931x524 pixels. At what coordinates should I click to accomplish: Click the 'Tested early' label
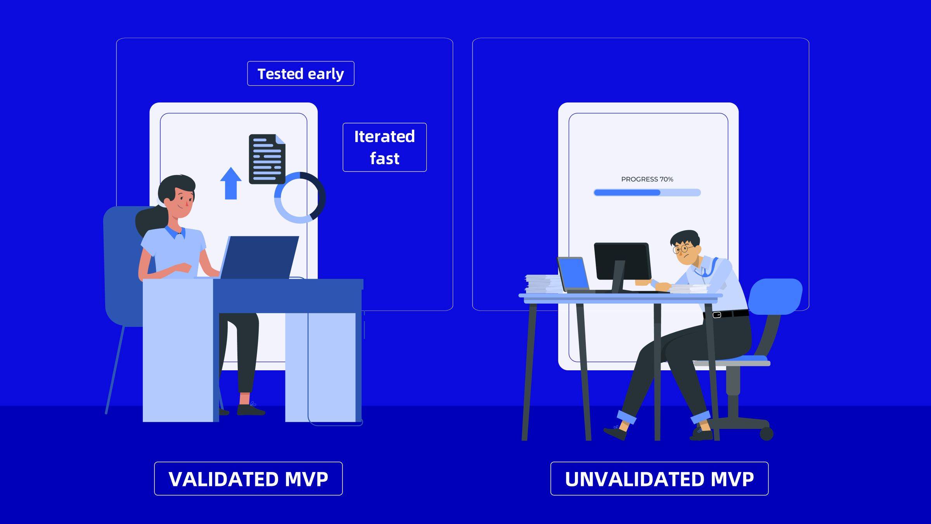[x=301, y=74]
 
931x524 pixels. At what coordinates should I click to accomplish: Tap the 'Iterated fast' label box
[x=384, y=147]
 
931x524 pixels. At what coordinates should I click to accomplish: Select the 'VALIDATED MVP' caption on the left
[x=248, y=479]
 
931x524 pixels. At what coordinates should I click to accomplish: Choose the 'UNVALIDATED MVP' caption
[x=659, y=479]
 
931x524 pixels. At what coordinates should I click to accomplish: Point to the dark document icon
[x=267, y=159]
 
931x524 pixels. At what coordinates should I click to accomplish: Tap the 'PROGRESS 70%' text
[x=647, y=179]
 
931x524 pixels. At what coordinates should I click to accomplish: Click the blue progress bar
[x=647, y=193]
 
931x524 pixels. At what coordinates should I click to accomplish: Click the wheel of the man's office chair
[x=766, y=434]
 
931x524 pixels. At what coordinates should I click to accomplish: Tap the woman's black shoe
[x=251, y=410]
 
